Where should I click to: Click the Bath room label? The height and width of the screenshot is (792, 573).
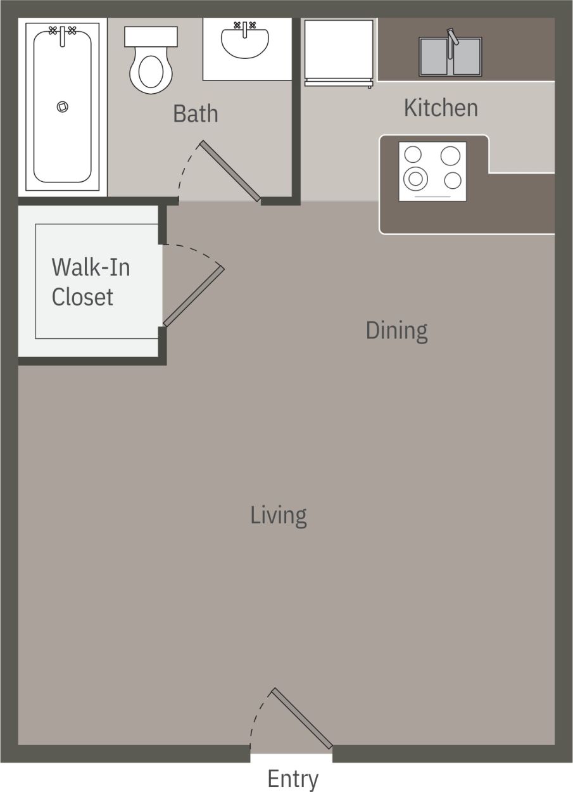[195, 114]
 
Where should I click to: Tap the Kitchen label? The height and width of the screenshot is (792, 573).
[441, 108]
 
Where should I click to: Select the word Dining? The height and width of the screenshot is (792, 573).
[396, 330]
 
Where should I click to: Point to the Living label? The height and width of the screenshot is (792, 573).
[279, 515]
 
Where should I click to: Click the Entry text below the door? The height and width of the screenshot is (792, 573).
[293, 779]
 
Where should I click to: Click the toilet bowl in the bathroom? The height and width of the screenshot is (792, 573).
[151, 72]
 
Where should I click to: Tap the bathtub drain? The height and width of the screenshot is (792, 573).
[62, 107]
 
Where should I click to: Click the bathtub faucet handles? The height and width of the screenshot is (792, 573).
[62, 30]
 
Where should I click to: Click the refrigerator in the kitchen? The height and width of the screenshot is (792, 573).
[338, 51]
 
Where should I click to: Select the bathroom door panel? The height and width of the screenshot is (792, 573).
[230, 171]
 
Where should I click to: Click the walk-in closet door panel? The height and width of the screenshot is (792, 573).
[193, 297]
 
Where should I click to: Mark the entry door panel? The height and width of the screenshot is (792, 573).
[302, 718]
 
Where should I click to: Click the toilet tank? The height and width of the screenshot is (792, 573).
[151, 35]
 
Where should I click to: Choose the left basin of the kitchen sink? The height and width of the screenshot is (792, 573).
[436, 57]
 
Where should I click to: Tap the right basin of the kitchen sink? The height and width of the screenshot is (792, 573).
[468, 57]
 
